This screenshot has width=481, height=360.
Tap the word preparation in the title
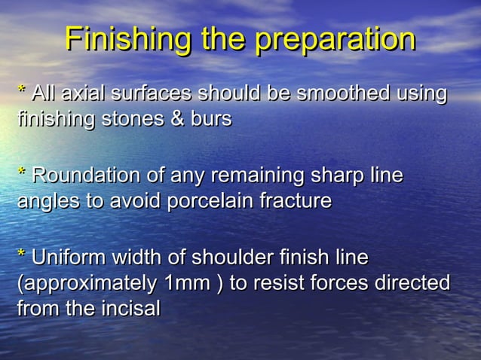pos(335,40)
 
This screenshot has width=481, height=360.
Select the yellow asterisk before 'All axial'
pos(21,93)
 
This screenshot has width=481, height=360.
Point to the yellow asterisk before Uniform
pos(21,258)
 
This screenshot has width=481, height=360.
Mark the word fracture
pos(295,202)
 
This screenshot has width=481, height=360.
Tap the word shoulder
pos(225,258)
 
